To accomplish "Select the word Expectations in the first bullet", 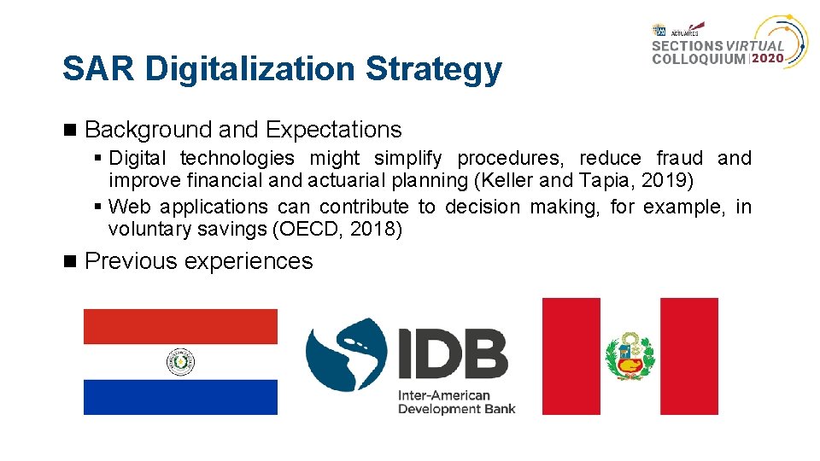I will tap(333, 130).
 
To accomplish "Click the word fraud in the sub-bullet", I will tap(680, 158).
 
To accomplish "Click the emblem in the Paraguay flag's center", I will tap(180, 362).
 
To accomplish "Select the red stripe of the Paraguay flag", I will tap(180, 326).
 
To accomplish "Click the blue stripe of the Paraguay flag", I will tap(180, 397).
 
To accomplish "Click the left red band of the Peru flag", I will tap(571, 356).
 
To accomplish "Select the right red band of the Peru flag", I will tap(688, 356).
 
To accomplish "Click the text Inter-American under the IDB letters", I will tap(444, 395).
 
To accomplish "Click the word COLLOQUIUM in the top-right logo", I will tap(700, 59).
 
